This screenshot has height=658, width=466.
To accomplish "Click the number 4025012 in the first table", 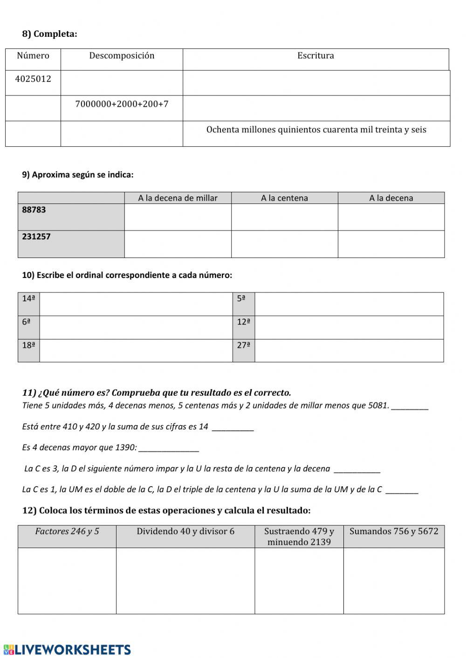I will coord(33,79).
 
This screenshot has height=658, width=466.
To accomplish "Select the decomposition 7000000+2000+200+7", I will coord(122,104).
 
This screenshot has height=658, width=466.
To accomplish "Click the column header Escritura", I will coord(315,55).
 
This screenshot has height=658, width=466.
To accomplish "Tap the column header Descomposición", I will coord(122,55).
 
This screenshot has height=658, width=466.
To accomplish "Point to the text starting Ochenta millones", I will coord(316,129).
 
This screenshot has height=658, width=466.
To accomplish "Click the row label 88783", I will coord(34,210).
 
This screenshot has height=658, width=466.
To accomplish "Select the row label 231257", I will coord(36,237).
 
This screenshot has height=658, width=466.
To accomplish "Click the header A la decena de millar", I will coord(178,198).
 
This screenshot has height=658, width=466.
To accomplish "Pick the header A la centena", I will coord(284,198).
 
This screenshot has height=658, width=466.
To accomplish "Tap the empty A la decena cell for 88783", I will coord(391,217).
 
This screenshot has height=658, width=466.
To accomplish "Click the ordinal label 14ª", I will coord(28,298).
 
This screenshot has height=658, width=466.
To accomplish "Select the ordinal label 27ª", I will coord(244,345).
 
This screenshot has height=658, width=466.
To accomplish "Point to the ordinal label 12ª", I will coord(244,322).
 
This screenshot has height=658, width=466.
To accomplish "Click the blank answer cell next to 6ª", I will coord(136,327).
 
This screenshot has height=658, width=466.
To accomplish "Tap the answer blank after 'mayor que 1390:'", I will coord(169,448).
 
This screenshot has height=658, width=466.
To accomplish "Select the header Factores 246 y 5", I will coord(67,531).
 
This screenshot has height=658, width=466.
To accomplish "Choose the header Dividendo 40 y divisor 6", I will coord(185,531).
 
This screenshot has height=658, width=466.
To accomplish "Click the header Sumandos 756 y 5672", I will coord(394,531).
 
